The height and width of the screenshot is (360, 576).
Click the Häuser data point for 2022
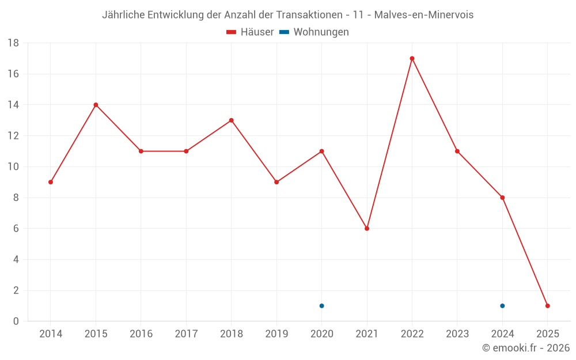coord(412,58)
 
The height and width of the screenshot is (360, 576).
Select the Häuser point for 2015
coord(96,105)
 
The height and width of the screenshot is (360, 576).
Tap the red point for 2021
coord(367,229)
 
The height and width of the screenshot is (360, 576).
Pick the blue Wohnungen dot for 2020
coord(321,306)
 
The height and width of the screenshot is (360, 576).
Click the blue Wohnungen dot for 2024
coord(502,306)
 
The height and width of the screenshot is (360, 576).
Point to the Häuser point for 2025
coord(548,306)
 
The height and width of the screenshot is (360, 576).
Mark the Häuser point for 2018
coord(231,120)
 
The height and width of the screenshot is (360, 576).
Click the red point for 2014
coord(51,182)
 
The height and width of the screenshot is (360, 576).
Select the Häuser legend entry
coord(250,32)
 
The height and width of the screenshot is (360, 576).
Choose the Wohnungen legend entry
coord(314,32)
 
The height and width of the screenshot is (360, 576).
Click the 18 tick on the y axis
coord(13,43)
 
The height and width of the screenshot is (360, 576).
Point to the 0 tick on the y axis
coord(16,321)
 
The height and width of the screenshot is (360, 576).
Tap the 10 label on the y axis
coord(13,167)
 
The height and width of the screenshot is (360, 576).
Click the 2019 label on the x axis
coord(276,334)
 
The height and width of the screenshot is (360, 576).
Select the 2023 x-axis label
coord(457,334)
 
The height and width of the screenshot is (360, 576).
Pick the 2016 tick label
coord(141,334)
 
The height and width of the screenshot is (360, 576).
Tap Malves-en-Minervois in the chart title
coord(424,15)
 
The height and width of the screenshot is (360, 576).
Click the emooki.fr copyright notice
coord(526,348)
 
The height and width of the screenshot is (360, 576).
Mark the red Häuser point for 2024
coord(502,198)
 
